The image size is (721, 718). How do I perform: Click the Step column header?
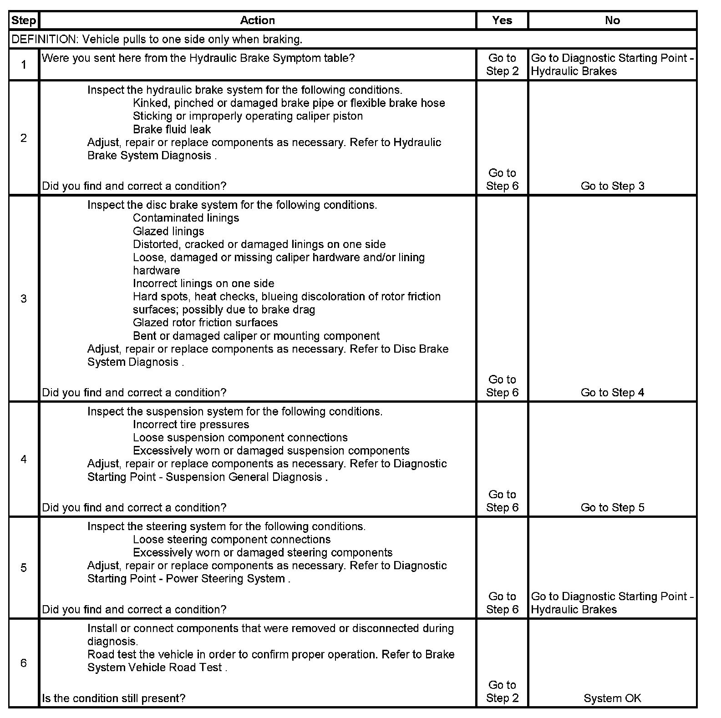pos(24,20)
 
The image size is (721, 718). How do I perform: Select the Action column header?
pos(257,20)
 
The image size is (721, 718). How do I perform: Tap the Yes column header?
pos(502,20)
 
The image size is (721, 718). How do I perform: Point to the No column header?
pos(612,20)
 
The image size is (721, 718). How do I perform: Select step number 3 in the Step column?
pos(24,299)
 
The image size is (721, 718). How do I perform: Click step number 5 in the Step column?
pos(24,568)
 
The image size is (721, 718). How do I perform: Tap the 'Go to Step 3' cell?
pos(612,186)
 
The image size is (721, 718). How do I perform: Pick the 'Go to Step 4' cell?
pos(612,393)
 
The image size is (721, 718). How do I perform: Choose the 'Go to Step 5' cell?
pos(612,508)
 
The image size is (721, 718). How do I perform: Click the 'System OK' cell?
pos(612,698)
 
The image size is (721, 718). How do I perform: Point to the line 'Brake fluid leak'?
pos(172,129)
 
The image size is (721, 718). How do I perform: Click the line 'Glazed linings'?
pos(168,231)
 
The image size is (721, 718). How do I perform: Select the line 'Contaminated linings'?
pos(186,218)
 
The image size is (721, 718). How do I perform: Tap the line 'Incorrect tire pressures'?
pos(191,425)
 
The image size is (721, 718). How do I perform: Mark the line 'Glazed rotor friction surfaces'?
pos(205,323)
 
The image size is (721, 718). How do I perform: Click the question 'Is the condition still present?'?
pos(114,698)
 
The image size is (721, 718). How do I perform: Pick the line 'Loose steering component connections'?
pos(232,540)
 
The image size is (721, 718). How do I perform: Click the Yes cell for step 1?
pos(502,65)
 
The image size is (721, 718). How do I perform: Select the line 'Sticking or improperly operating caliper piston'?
pos(248,116)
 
